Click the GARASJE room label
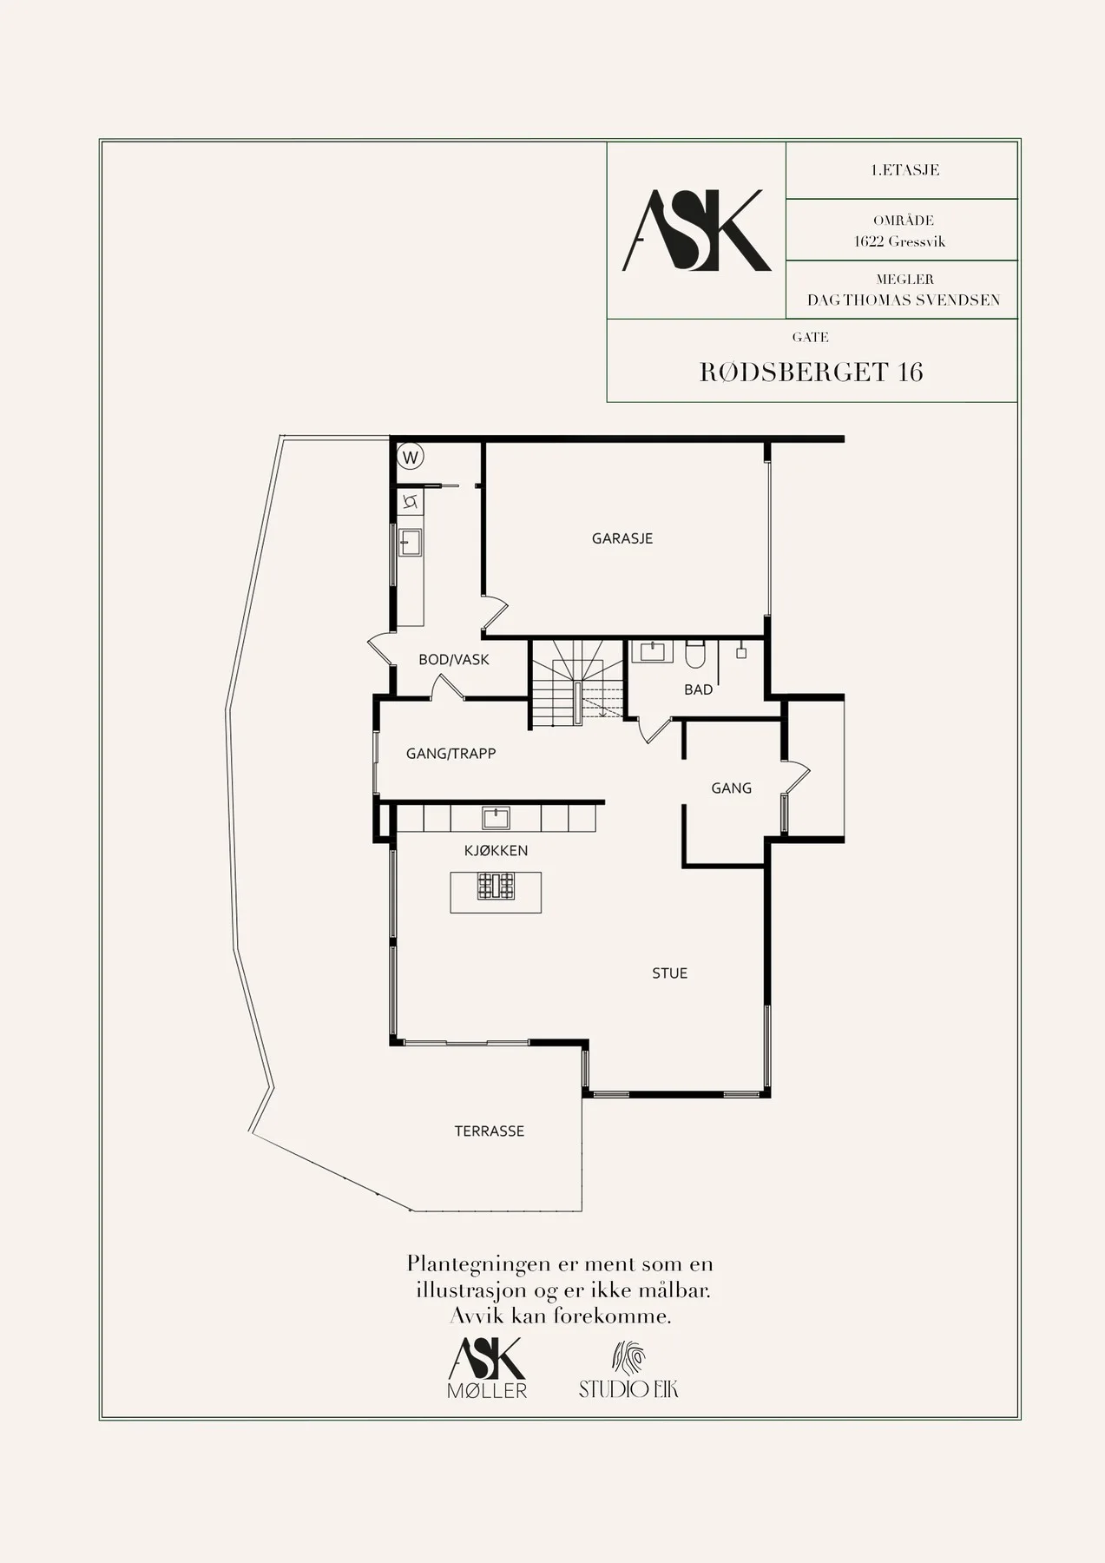point(622,538)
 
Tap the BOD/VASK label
point(453,660)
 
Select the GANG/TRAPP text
point(451,754)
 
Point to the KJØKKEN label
point(496,851)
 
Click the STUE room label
point(669,973)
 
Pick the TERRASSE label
point(490,1131)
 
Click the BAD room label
point(698,689)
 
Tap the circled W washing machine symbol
point(410,457)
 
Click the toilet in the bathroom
point(695,653)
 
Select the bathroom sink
point(651,651)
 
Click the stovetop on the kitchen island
point(496,886)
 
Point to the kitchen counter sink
point(497,818)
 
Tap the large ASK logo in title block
point(697,230)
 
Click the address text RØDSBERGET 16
point(811,372)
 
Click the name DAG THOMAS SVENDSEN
point(904,300)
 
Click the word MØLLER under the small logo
point(487,1390)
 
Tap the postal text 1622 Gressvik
point(900,241)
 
